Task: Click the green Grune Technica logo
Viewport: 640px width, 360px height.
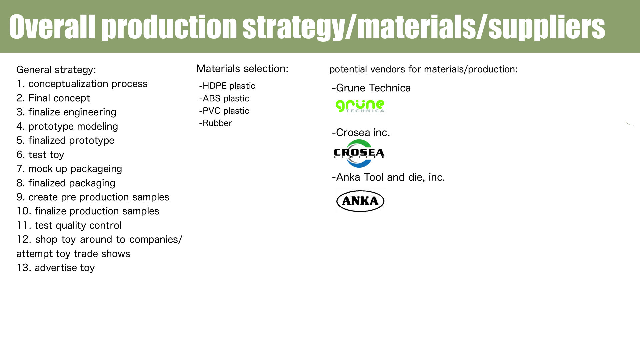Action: (360, 106)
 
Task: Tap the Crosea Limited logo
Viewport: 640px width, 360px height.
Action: (359, 153)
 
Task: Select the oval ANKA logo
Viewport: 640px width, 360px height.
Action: (360, 201)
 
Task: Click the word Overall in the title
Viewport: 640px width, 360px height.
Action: (52, 27)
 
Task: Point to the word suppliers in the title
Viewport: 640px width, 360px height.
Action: (547, 27)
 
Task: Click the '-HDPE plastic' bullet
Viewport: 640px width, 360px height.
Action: (227, 86)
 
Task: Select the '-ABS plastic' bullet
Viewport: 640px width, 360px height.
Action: (224, 98)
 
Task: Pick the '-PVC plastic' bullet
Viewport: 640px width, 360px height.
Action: (224, 111)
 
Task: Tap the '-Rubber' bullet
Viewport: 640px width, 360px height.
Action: (215, 123)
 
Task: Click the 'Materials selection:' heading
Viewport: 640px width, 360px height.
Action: (242, 69)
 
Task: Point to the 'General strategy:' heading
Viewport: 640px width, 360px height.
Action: (56, 70)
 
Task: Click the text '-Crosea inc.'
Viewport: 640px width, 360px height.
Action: (361, 132)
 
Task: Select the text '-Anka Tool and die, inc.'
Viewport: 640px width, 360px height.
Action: (388, 177)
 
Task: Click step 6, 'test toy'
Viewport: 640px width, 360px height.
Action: (40, 155)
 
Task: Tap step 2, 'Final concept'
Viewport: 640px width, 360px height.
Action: (53, 98)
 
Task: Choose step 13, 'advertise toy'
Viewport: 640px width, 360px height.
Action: (56, 268)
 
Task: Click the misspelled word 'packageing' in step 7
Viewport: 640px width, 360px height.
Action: (96, 169)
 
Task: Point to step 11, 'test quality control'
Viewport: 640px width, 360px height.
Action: (69, 225)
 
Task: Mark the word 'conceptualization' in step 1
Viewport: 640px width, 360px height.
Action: (68, 84)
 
